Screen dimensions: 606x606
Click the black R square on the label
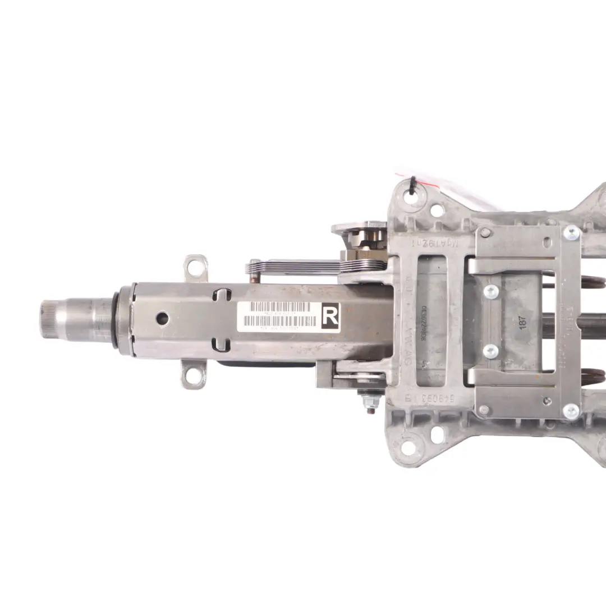330,317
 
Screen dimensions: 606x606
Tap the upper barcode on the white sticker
279,307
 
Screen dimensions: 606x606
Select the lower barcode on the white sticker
279,322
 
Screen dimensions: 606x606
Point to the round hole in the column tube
162,318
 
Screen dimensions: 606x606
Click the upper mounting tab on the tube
196,268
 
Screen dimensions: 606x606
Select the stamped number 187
522,323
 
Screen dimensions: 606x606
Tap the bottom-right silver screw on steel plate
571,411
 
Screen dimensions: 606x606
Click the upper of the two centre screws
490,291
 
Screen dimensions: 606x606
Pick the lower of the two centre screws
490,351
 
